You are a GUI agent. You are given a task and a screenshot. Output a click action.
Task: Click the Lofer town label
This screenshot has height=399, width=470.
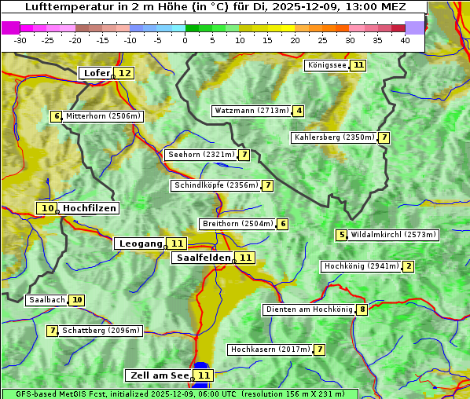click(96, 73)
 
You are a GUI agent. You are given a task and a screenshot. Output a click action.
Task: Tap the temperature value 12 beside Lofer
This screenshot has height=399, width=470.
click(124, 73)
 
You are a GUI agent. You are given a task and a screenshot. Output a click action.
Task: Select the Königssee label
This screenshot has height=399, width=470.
click(327, 65)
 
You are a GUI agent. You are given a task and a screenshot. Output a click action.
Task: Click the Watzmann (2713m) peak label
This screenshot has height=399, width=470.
click(252, 111)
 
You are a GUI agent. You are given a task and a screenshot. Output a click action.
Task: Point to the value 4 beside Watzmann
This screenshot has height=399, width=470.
click(299, 111)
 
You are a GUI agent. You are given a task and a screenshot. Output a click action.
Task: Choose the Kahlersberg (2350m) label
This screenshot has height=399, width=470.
click(333, 137)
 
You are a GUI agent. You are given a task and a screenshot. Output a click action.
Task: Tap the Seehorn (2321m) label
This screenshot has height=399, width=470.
click(202, 155)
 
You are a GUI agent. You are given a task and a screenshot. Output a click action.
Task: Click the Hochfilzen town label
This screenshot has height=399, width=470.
click(90, 208)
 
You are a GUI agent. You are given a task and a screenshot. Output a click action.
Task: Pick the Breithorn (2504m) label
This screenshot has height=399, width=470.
click(237, 224)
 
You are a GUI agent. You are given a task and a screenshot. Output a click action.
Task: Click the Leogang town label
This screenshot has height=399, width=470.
click(141, 243)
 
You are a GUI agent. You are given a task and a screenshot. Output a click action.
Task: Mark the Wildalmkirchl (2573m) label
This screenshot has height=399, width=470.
click(393, 234)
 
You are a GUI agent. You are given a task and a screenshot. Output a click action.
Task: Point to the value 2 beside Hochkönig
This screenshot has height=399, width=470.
click(408, 266)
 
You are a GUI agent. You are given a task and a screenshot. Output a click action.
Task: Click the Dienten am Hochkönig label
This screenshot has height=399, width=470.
click(309, 309)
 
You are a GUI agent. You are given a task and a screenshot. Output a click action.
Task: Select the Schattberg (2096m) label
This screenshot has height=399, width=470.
click(101, 331)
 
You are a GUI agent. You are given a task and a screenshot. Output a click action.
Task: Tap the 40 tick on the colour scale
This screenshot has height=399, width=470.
click(405, 40)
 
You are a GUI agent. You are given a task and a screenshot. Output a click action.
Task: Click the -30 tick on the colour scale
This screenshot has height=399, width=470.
click(20, 40)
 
